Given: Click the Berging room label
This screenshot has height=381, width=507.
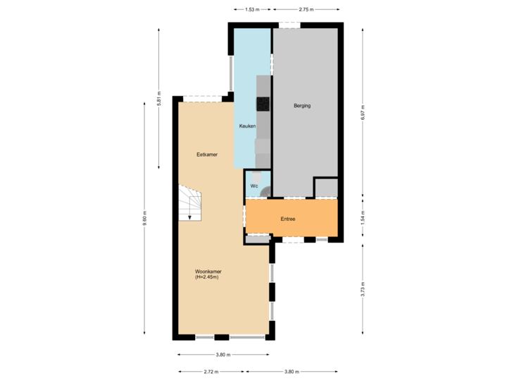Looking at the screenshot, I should tap(302, 106).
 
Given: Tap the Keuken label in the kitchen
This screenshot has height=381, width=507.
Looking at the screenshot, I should tap(247, 126).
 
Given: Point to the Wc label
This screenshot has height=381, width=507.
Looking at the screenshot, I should tap(254, 186).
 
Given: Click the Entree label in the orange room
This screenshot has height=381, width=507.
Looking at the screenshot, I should tap(287, 219).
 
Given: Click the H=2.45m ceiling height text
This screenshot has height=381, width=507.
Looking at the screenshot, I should tap(207, 277).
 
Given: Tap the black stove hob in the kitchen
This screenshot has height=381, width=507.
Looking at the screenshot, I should tap(263, 104).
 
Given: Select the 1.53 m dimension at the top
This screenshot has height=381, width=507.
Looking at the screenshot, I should tap(252, 10).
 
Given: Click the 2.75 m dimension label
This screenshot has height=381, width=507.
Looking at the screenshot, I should tap(306, 10).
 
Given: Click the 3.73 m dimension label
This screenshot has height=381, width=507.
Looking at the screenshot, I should tap(362, 289).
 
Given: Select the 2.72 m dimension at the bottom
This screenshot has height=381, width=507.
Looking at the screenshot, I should tap(210, 371).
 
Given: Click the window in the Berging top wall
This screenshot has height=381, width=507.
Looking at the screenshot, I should tap(289, 25).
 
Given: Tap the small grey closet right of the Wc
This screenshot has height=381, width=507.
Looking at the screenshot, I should tap(325, 188).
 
